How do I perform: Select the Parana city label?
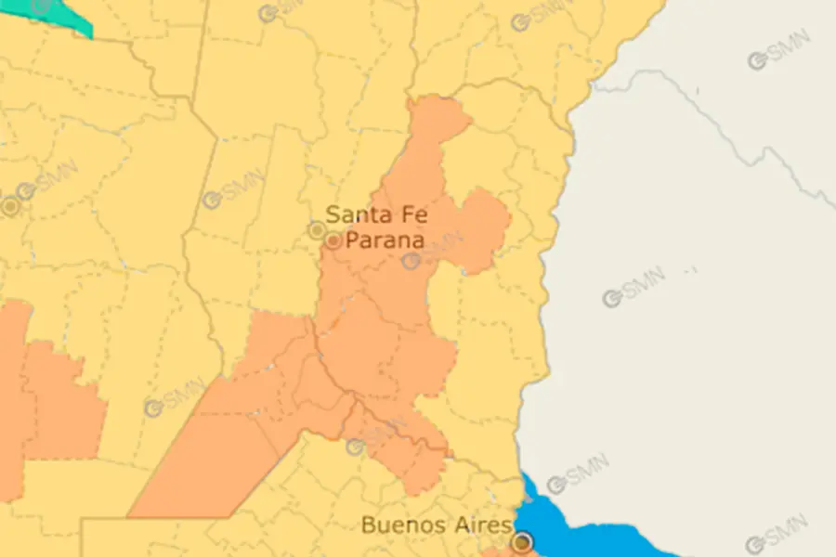[x=385, y=240]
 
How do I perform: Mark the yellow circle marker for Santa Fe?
[x=318, y=229]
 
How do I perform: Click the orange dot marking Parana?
[x=333, y=241]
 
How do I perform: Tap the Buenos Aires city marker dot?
[x=523, y=541]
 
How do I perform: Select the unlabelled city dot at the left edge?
[x=10, y=207]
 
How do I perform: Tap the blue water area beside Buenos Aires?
[x=594, y=534]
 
